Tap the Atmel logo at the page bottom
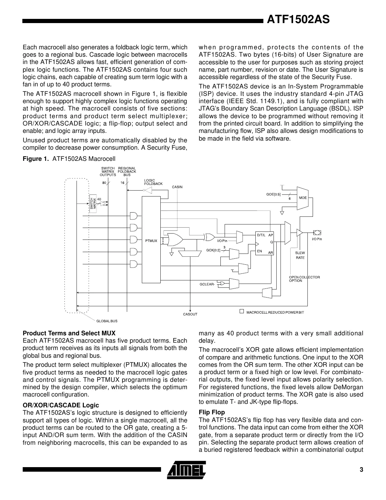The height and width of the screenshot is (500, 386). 187,470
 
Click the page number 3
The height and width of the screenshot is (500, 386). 361,470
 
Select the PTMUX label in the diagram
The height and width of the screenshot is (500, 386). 151,241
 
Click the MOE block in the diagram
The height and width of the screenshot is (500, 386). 303,198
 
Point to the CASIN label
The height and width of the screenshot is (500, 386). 177,187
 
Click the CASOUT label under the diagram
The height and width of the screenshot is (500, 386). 190,314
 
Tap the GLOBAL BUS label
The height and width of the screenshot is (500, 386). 107,321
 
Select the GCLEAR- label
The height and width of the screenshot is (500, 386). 207,284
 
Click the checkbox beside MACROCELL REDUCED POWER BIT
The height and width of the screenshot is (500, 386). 241,311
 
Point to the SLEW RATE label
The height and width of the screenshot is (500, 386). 300,255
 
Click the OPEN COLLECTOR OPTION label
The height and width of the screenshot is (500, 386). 304,279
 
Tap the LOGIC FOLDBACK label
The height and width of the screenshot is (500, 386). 153,182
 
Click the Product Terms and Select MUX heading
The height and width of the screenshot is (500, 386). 69,333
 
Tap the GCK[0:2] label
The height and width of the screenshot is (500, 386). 213,250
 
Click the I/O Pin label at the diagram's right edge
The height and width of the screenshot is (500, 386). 316,239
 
